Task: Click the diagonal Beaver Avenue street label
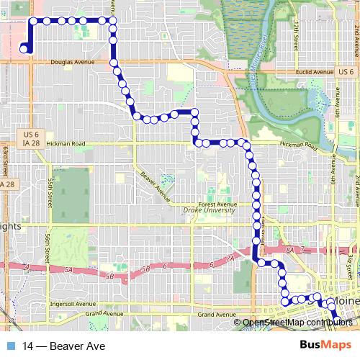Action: [x=154, y=186]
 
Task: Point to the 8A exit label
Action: [x=290, y=248]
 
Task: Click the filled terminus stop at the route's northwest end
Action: [x=24, y=49]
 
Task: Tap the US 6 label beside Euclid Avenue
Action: [x=346, y=72]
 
